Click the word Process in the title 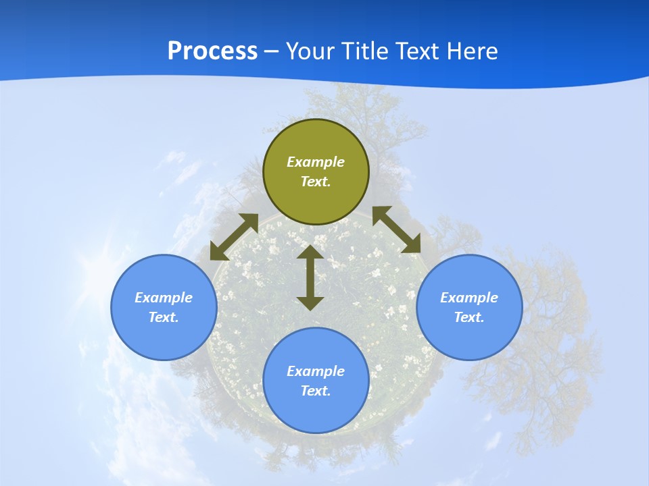pyautogui.click(x=212, y=51)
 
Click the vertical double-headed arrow pyautogui.click(x=310, y=277)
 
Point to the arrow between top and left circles pyautogui.click(x=234, y=237)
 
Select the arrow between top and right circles pyautogui.click(x=397, y=230)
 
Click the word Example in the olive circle pyautogui.click(x=316, y=162)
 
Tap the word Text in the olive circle pyautogui.click(x=316, y=182)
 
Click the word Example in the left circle pyautogui.click(x=164, y=298)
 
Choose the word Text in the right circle pyautogui.click(x=469, y=317)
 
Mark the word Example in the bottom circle pyautogui.click(x=316, y=371)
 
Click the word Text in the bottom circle pyautogui.click(x=316, y=391)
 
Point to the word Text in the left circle pyautogui.click(x=164, y=317)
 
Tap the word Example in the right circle pyautogui.click(x=469, y=298)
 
